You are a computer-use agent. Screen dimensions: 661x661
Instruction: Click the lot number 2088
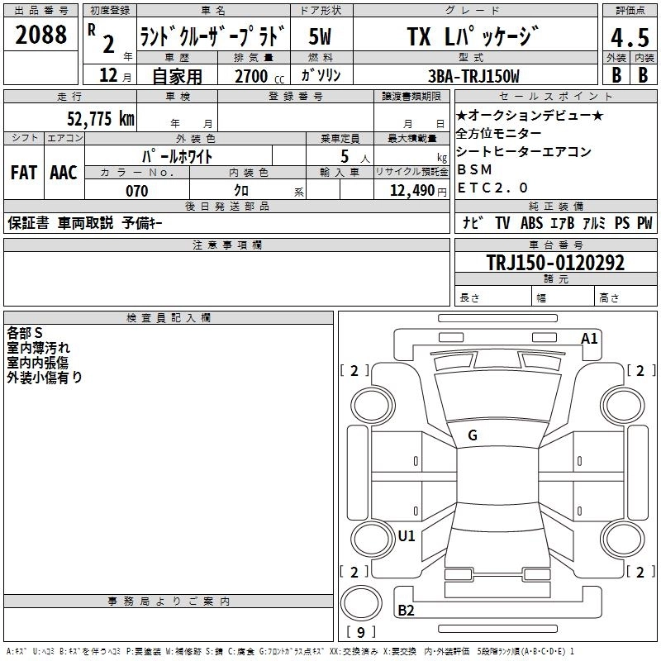coord(40,36)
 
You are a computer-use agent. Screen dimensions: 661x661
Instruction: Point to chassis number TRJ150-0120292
coord(555,263)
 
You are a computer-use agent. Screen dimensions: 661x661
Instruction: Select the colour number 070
coord(136,191)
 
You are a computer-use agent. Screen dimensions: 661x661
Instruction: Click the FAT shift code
coord(23,173)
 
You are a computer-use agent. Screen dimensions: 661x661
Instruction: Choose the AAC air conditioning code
coord(63,173)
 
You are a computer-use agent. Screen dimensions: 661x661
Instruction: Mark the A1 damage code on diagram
coord(589,338)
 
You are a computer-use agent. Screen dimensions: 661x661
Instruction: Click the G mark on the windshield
coord(472,435)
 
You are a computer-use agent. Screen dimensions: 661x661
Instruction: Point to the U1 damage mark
coord(406,535)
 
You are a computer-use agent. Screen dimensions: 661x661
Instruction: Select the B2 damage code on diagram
coord(406,611)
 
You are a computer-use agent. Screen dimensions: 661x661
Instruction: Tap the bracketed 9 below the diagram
coord(360,632)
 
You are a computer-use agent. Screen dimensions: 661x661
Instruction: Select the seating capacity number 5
coord(343,156)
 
